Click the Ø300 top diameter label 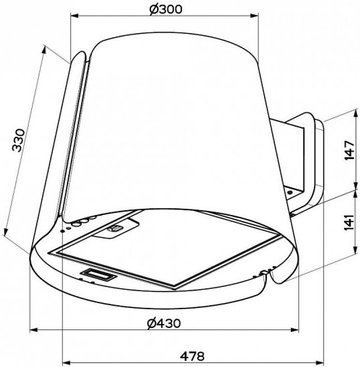pos(165,10)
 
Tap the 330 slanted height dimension pos(19,140)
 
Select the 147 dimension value pos(349,150)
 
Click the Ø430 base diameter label pos(164,323)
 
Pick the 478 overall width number pos(192,356)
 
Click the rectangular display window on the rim pos(99,274)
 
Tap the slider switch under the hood pos(114,228)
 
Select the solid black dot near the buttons pos(62,231)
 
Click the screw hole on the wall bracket pos(290,192)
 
